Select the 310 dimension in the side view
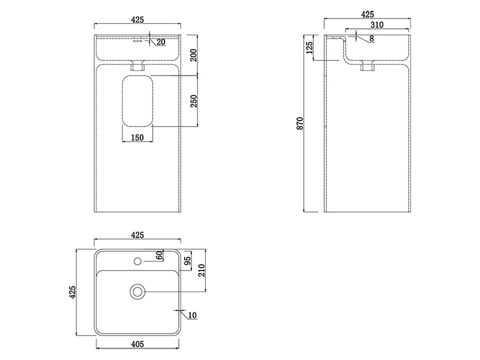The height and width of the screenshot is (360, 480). click(377, 25)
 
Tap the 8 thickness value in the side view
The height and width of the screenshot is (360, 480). click(372, 38)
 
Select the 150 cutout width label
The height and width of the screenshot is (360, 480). click(137, 139)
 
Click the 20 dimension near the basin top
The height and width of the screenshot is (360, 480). click(161, 41)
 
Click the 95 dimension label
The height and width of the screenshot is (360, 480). click(187, 261)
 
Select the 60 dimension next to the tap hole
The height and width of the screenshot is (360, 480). click(160, 255)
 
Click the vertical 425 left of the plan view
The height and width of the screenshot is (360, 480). click(73, 292)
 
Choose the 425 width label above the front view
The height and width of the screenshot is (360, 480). click(137, 20)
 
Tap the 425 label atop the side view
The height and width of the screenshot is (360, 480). click(367, 14)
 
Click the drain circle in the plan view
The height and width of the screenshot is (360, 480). click(137, 292)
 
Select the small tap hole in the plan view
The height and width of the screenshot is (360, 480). click(137, 262)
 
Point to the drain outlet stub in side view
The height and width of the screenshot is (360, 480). click(367, 68)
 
